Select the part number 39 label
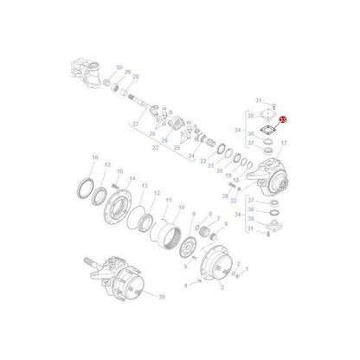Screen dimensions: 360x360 point(162,295)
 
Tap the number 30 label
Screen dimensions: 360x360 point(119,67)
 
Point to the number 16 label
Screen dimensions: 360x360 point(95,156)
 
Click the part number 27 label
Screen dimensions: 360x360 point(135,124)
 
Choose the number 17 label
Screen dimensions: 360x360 point(283,144)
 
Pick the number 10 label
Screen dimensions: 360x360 point(181,207)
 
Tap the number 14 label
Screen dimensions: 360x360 point(133,178)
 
